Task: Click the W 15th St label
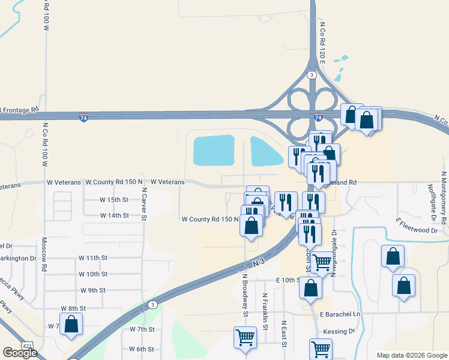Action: click(x=113, y=199)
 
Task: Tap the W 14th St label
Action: click(x=114, y=215)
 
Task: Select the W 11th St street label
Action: click(x=92, y=257)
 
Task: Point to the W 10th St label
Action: click(x=93, y=274)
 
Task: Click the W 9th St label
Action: click(x=92, y=290)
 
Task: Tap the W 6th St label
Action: click(x=142, y=349)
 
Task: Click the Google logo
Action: click(x=20, y=353)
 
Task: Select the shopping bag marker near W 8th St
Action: click(x=71, y=325)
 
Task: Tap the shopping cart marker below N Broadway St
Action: click(x=245, y=338)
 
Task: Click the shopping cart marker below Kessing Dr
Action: click(x=321, y=349)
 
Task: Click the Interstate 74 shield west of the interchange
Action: click(x=83, y=119)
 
